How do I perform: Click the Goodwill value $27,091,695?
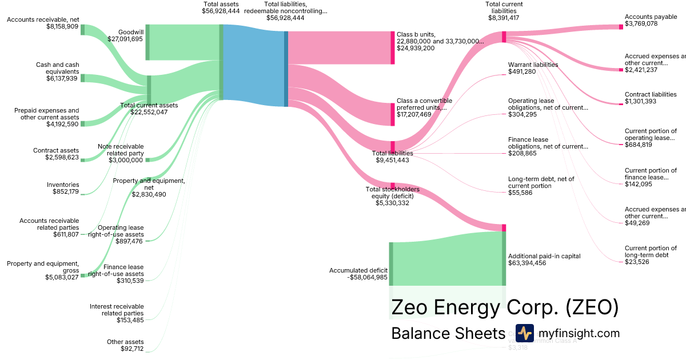tap(125, 39)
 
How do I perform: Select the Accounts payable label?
tap(651, 17)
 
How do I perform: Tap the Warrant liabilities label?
tap(533, 65)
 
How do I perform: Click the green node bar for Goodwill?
tap(147, 42)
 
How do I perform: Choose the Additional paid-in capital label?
tap(535, 256)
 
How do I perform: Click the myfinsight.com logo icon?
tap(524, 333)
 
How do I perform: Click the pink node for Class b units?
tap(393, 47)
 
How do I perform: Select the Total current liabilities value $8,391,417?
tap(504, 18)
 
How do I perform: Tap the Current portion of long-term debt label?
tap(651, 251)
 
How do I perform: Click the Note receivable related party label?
tap(121, 150)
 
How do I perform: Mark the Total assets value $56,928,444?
tap(221, 10)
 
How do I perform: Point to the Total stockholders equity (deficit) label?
tap(393, 193)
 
